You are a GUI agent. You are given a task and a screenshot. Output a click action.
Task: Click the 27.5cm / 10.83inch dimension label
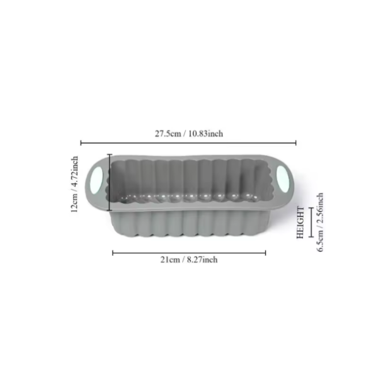[x=189, y=134]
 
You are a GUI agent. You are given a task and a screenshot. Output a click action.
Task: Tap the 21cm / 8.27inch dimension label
[x=189, y=260]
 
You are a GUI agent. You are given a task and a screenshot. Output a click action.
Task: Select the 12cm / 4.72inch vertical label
[x=74, y=184]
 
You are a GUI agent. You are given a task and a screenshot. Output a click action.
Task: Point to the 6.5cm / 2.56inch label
[x=319, y=222]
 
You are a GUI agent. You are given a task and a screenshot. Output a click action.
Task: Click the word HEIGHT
[x=301, y=222]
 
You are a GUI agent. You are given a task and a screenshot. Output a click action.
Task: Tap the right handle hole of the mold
[x=282, y=179]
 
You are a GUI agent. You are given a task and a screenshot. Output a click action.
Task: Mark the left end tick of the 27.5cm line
[x=81, y=143]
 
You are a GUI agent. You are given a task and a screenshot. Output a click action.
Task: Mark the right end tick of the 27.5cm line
[x=296, y=143]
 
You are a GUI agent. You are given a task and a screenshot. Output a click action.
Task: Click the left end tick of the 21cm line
[x=113, y=253]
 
